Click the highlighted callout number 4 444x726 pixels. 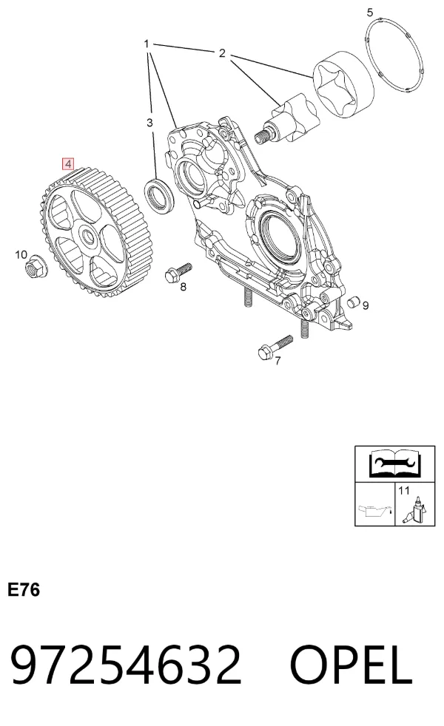point(68,163)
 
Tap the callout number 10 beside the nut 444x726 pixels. point(21,254)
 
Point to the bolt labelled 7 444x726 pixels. point(275,346)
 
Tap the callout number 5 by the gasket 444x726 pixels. point(369,13)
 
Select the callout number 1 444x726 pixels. point(147,44)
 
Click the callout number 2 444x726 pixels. point(222,53)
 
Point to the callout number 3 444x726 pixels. point(149,123)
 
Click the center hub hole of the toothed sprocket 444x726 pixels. point(88,236)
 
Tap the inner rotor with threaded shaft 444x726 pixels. point(287,118)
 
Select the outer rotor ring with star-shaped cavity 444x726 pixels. point(343,88)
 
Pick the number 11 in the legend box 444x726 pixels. point(404,490)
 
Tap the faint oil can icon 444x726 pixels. point(374,511)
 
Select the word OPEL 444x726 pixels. point(351,666)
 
